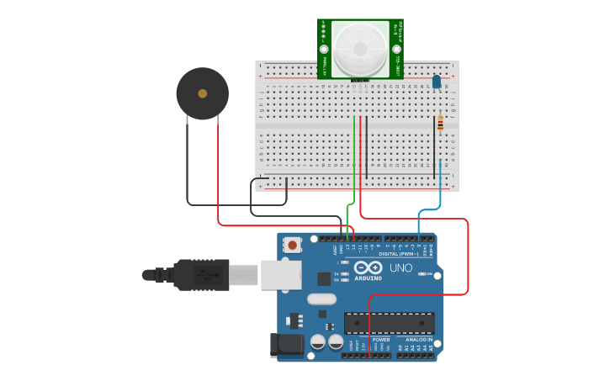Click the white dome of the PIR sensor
click(360, 49)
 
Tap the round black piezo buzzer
click(202, 93)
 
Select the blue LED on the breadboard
click(436, 82)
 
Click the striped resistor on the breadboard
click(439, 124)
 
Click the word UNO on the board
click(401, 268)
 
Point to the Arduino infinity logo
click(368, 267)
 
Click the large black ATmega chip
click(390, 323)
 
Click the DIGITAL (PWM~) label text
click(398, 253)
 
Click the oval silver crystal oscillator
click(321, 299)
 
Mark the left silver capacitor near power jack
click(318, 342)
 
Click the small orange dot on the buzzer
click(202, 93)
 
